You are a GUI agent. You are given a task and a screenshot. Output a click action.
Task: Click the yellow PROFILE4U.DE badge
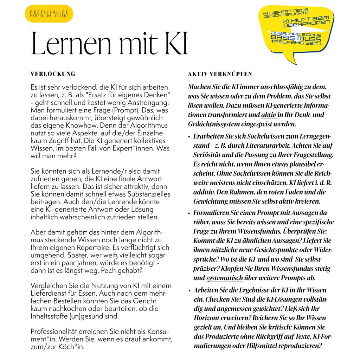coord(49,14)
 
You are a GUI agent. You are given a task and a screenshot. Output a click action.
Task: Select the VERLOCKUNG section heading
coord(53,74)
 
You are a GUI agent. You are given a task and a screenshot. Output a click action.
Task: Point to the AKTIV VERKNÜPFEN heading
coord(220,74)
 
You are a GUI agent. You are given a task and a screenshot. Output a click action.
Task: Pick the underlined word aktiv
coord(269,115)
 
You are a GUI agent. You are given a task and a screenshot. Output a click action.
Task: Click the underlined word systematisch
coord(224,278)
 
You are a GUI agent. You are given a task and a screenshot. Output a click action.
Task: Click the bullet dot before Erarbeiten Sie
coord(189,136)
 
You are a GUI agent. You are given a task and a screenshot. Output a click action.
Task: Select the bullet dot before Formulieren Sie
coord(189,213)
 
